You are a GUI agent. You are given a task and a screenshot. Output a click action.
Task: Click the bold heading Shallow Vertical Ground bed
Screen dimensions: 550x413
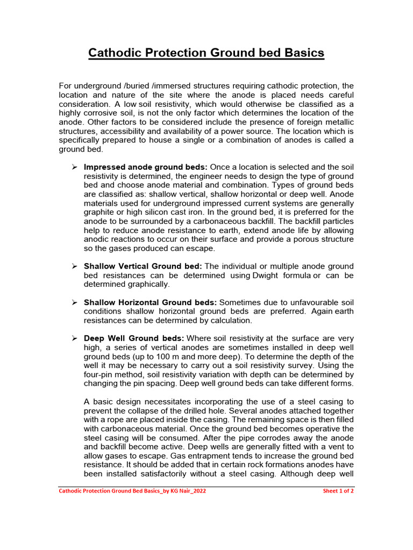pyautogui.click(x=143, y=266)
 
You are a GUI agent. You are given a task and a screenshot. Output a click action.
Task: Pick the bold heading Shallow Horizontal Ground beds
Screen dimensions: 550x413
pyautogui.click(x=151, y=303)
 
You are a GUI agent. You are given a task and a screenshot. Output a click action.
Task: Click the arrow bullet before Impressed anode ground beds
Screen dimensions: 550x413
pyautogui.click(x=75, y=167)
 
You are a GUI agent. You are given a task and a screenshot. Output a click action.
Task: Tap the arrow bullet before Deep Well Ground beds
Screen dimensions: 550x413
pyautogui.click(x=75, y=338)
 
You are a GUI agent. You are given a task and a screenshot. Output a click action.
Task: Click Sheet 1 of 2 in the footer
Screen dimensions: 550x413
pyautogui.click(x=338, y=491)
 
